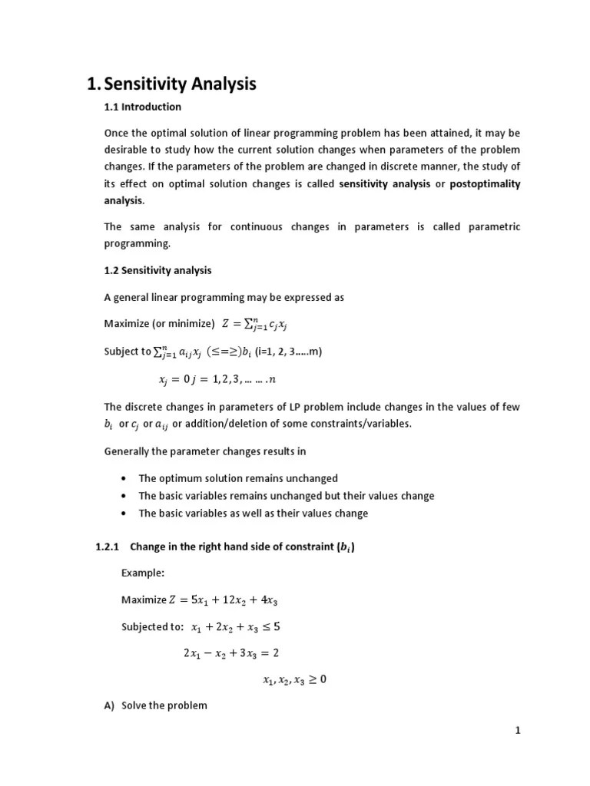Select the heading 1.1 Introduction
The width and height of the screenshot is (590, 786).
coord(143,107)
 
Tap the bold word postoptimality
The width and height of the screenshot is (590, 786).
coord(485,183)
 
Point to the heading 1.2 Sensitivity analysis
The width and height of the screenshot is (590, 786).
coord(157,270)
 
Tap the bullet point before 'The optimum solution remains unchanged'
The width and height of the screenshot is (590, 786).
coord(124,478)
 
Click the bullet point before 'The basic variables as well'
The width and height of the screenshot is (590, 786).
coord(124,514)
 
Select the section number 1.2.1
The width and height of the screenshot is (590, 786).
coord(108,547)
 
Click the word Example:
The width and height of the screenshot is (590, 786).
coord(143,573)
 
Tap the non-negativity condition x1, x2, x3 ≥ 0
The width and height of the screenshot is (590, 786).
coord(294,679)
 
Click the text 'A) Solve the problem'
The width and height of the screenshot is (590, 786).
coord(156,705)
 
